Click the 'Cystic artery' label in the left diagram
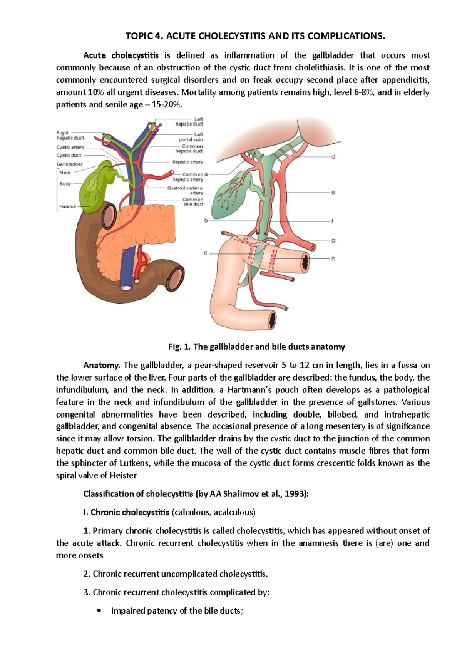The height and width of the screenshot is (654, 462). (70, 147)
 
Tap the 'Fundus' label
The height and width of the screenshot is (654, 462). (67, 206)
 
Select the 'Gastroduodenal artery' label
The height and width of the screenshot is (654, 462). (186, 190)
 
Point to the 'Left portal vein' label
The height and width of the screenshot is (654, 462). (191, 137)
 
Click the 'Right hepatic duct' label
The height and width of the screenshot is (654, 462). (70, 135)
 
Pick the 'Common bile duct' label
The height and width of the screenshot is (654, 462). (193, 202)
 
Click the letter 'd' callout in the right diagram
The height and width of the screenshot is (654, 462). (333, 157)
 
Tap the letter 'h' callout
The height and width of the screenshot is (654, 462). (333, 259)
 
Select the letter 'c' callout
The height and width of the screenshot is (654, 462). (206, 253)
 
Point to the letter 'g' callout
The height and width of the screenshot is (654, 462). (333, 241)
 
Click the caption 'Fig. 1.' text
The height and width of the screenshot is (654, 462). (179, 347)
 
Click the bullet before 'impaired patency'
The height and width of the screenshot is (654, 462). (100, 611)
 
